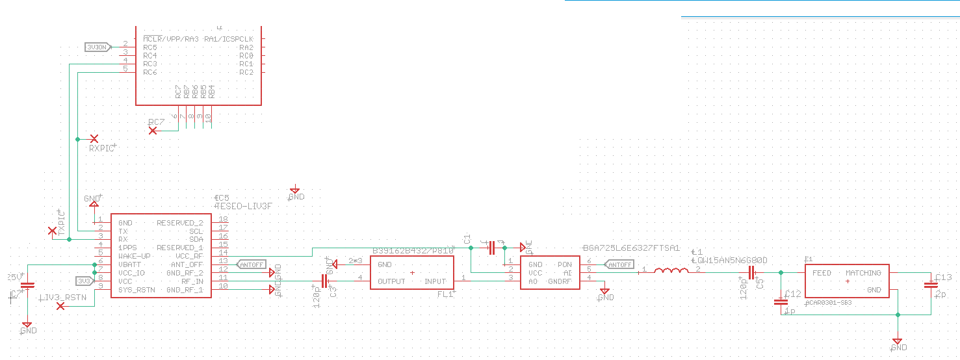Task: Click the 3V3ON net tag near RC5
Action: point(96,47)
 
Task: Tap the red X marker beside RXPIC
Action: point(94,139)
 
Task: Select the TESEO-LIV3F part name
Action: point(243,206)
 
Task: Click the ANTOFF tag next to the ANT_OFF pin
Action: point(252,264)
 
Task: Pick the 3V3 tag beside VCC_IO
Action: point(84,281)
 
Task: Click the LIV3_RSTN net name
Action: point(64,298)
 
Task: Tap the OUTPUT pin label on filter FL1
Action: point(391,281)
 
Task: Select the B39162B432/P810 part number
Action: point(413,251)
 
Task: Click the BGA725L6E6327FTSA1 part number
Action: point(632,248)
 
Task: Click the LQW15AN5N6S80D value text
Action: point(731,260)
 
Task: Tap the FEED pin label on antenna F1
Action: point(822,273)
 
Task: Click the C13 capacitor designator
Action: point(944,277)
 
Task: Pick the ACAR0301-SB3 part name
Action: point(828,303)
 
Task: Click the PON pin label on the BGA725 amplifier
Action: point(564,264)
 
